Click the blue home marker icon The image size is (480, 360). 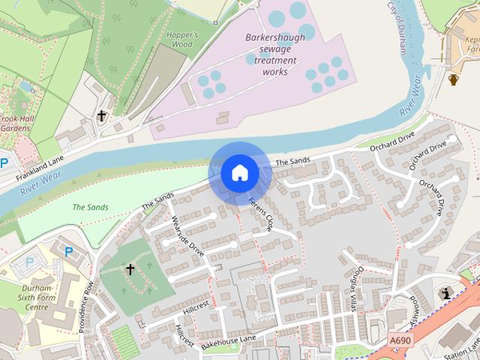tap(239, 173)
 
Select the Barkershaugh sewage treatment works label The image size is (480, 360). tap(270, 54)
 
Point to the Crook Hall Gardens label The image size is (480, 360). tap(15, 124)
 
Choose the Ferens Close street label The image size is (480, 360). tap(260, 215)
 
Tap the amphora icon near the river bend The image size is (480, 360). tap(453, 79)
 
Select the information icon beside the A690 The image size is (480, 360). tap(448, 293)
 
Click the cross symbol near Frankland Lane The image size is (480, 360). tap(102, 115)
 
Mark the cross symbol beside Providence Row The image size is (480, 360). tap(130, 269)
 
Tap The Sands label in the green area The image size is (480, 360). tap(90, 207)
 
